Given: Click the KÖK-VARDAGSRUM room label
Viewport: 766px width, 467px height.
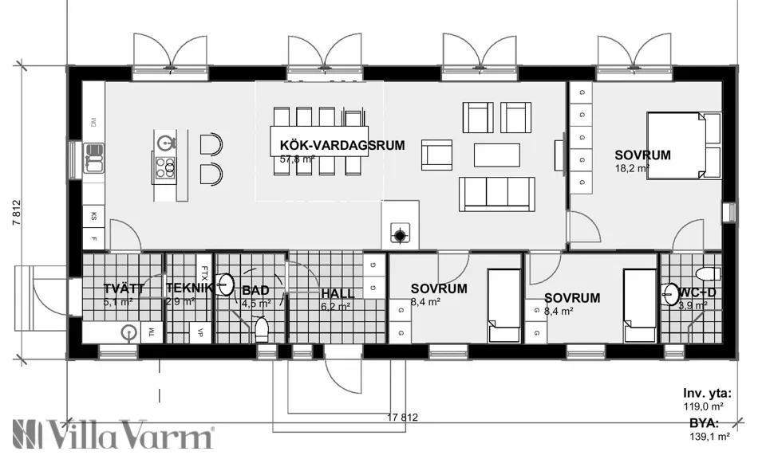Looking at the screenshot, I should pos(342,146).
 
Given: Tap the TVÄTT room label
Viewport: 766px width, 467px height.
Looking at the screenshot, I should pos(124,288).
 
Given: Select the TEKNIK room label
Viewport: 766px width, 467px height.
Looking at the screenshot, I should pos(190,288).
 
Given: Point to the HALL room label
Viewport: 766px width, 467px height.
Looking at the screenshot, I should pos(338,293).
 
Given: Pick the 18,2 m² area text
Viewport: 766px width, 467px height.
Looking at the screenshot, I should pos(631,169).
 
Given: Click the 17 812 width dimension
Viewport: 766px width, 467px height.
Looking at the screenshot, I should pos(402,418).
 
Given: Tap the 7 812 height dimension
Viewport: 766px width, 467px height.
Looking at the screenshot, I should pos(16,214).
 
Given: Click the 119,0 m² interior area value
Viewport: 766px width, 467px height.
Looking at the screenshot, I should pos(707,405).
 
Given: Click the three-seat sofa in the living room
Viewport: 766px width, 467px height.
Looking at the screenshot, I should pos(496,194).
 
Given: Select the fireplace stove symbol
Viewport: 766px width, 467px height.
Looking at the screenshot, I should pos(399,234).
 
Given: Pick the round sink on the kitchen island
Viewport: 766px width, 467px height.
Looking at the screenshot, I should pos(166,143).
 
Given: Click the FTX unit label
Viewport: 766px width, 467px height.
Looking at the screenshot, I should pos(205,273).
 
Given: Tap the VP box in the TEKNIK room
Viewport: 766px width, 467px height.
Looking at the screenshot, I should pos(199,332).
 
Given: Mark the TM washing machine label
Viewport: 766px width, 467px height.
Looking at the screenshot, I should pos(150,332).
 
